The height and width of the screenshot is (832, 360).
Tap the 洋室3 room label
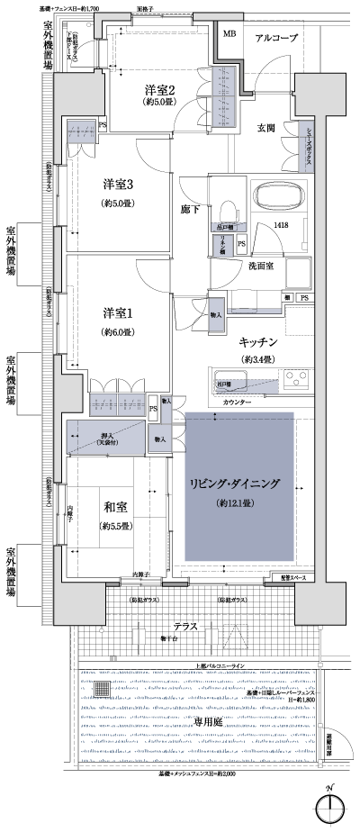coord(117,185)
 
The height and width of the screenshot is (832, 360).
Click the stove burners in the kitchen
coord(297,382)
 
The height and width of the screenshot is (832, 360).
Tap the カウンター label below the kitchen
coord(238,402)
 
